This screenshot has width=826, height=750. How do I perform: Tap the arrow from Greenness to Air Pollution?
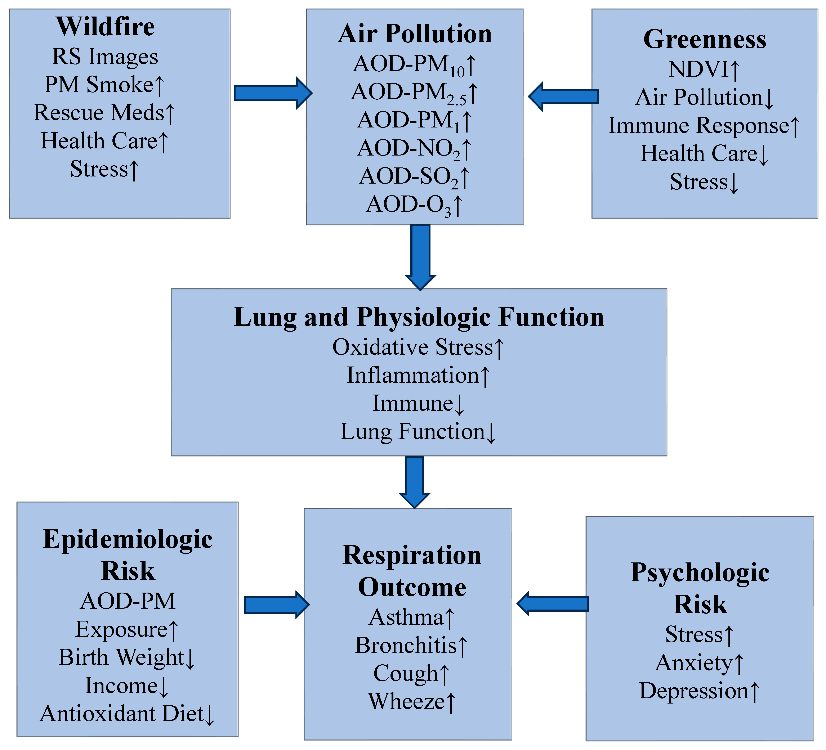click(563, 96)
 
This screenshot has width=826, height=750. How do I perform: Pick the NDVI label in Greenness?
click(704, 69)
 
